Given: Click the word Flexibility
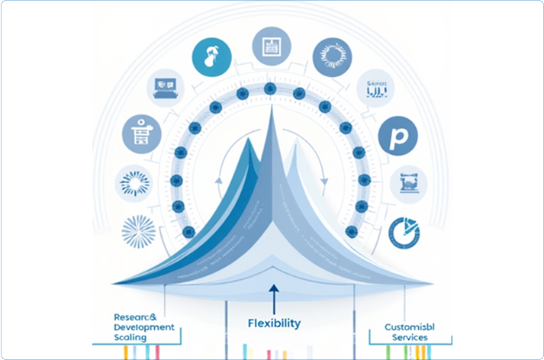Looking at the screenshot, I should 274,323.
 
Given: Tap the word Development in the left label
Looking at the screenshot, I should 143,326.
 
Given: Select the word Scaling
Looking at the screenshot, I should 132,337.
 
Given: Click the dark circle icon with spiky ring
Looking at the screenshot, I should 333,56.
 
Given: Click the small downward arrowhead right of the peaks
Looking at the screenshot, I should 325,182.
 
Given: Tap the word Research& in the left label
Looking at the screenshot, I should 134,316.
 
